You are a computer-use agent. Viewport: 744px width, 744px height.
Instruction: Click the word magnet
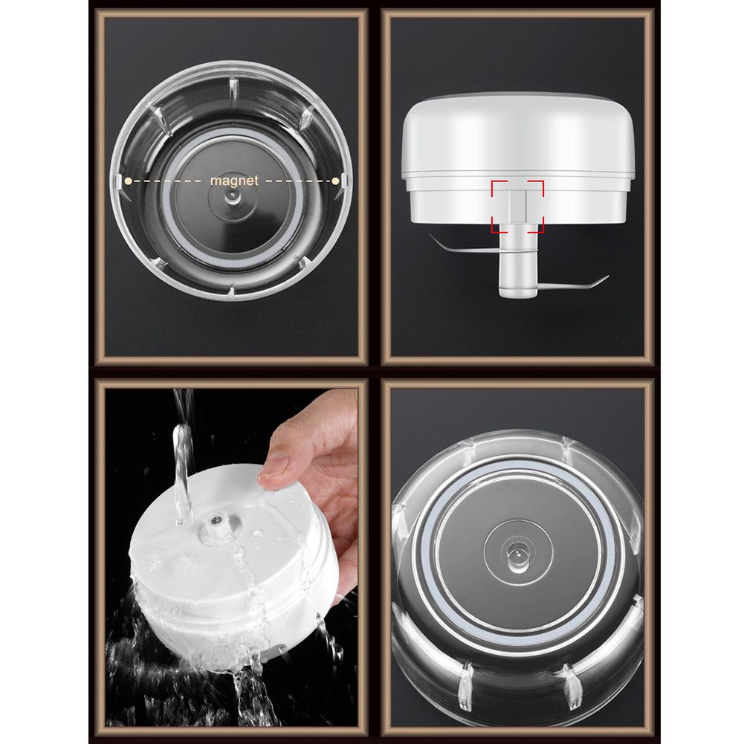click(x=234, y=181)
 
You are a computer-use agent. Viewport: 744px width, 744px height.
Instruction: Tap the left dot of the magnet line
click(x=128, y=181)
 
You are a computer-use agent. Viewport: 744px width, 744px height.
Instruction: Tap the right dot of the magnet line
click(x=336, y=181)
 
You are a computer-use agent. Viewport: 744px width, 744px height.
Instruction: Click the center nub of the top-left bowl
click(x=233, y=197)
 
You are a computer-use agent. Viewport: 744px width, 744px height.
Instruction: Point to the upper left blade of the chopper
click(x=462, y=245)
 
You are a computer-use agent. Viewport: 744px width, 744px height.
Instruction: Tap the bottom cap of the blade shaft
click(x=517, y=292)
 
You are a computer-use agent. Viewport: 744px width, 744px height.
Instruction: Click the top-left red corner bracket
click(x=499, y=188)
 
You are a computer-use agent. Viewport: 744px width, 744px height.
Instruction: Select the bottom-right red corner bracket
click(x=536, y=225)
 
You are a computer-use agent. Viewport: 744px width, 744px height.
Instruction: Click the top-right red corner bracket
click(x=536, y=188)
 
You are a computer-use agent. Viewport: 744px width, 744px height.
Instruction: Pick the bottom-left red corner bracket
click(x=499, y=225)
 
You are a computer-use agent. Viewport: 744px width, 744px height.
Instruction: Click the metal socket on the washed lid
click(x=217, y=520)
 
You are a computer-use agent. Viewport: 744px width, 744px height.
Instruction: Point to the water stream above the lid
click(x=183, y=456)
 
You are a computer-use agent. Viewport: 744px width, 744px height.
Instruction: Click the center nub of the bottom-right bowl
click(x=518, y=554)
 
